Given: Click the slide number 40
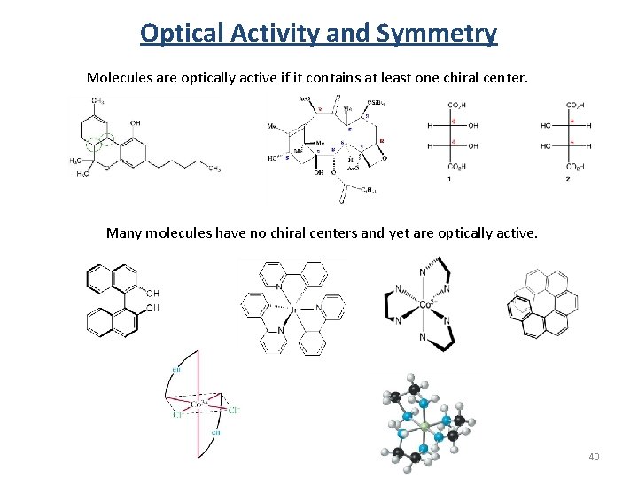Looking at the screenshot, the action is pyautogui.click(x=593, y=457).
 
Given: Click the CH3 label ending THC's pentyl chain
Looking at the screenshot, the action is pyautogui.click(x=214, y=168).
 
